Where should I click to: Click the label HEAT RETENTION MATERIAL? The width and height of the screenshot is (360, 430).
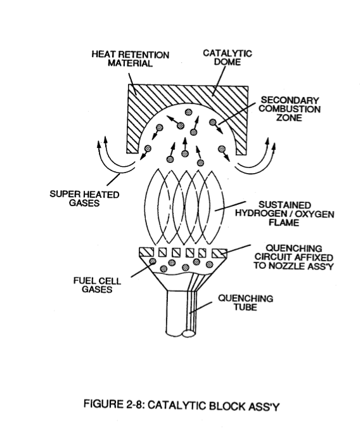(131, 59)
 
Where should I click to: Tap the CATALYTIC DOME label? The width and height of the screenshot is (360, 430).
(228, 57)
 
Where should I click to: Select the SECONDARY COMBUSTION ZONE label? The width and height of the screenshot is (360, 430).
(290, 108)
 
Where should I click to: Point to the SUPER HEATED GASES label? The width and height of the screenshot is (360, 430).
(84, 199)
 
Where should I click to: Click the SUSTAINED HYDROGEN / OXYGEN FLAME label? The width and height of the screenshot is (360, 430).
(285, 214)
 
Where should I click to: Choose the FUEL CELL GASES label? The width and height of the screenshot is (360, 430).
(97, 285)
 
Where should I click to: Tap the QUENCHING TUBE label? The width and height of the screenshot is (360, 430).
(245, 303)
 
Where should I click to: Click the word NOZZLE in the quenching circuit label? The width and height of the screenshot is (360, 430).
(287, 266)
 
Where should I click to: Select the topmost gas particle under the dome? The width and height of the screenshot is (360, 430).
(188, 112)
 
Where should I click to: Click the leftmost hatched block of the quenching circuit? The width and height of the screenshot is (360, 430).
(146, 252)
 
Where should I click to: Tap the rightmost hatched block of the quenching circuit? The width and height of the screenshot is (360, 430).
(220, 253)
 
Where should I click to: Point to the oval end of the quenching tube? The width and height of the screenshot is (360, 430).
(188, 334)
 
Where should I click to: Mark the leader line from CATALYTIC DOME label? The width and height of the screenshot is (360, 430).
(219, 81)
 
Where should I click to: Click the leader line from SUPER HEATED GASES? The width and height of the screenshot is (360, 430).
(113, 179)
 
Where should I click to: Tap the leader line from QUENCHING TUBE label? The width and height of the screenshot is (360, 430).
(200, 308)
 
